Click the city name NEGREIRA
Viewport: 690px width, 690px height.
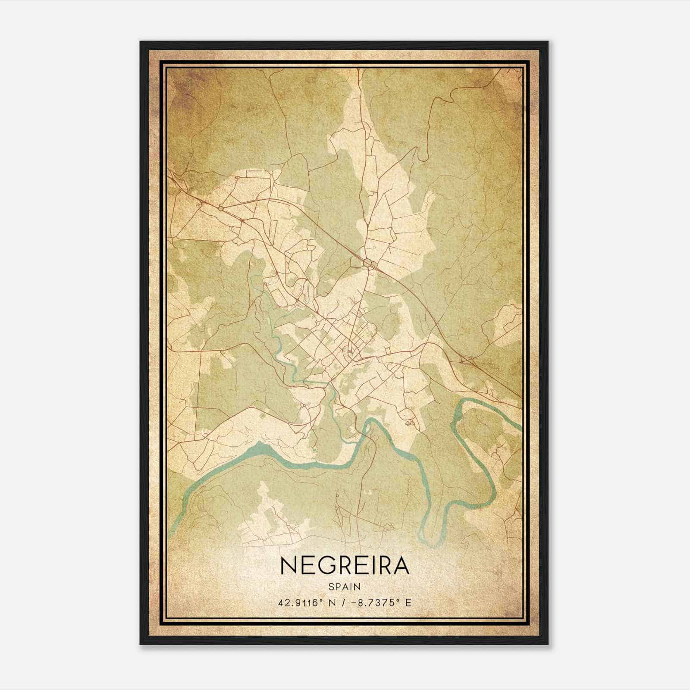click(345, 565)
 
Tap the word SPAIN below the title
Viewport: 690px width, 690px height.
click(345, 587)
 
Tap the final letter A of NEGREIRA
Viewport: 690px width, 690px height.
click(401, 565)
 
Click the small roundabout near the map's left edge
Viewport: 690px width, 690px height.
click(221, 208)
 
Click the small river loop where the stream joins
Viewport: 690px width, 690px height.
click(367, 429)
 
